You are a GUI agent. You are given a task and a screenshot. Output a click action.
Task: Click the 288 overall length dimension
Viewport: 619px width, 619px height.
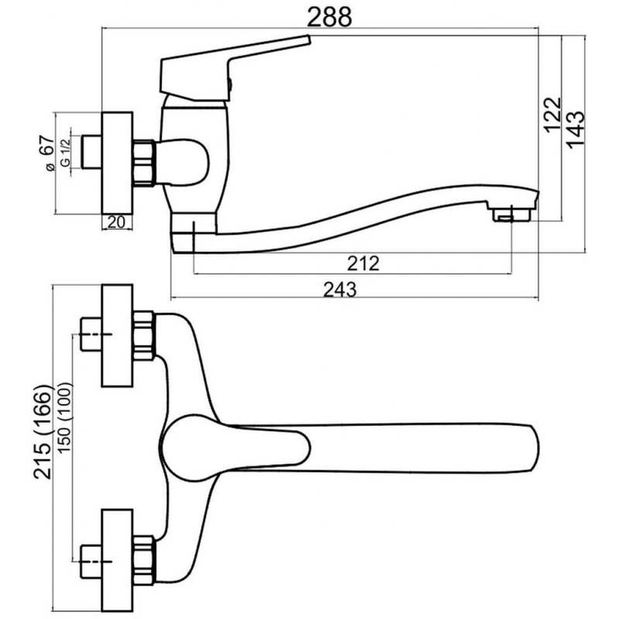tap(329, 18)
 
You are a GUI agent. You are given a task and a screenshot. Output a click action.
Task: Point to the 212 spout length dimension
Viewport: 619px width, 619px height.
tap(363, 263)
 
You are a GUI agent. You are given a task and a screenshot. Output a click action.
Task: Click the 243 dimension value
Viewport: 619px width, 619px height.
tap(340, 289)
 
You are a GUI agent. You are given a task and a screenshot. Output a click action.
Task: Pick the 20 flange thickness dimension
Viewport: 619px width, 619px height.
tap(116, 222)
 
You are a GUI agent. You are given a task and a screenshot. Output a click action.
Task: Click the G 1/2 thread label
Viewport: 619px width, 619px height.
tap(65, 152)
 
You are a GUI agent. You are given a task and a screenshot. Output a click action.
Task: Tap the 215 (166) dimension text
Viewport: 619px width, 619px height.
tap(43, 431)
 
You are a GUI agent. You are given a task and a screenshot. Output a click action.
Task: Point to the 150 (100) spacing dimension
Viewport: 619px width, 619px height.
tap(64, 417)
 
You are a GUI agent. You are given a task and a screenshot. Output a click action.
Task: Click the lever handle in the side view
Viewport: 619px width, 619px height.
tap(234, 69)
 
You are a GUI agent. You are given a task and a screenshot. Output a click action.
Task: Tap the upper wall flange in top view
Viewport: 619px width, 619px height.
tap(118, 336)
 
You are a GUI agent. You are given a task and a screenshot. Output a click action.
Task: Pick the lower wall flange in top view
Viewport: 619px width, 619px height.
tap(118, 560)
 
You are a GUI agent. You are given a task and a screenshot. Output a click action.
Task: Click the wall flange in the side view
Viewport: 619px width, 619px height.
tap(118, 163)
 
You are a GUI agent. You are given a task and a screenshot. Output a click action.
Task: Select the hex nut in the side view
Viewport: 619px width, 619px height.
tap(144, 162)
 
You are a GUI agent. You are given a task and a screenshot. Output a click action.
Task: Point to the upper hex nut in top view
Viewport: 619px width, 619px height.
tap(144, 336)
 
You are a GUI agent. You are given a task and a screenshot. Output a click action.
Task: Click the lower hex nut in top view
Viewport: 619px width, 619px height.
tap(144, 560)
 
